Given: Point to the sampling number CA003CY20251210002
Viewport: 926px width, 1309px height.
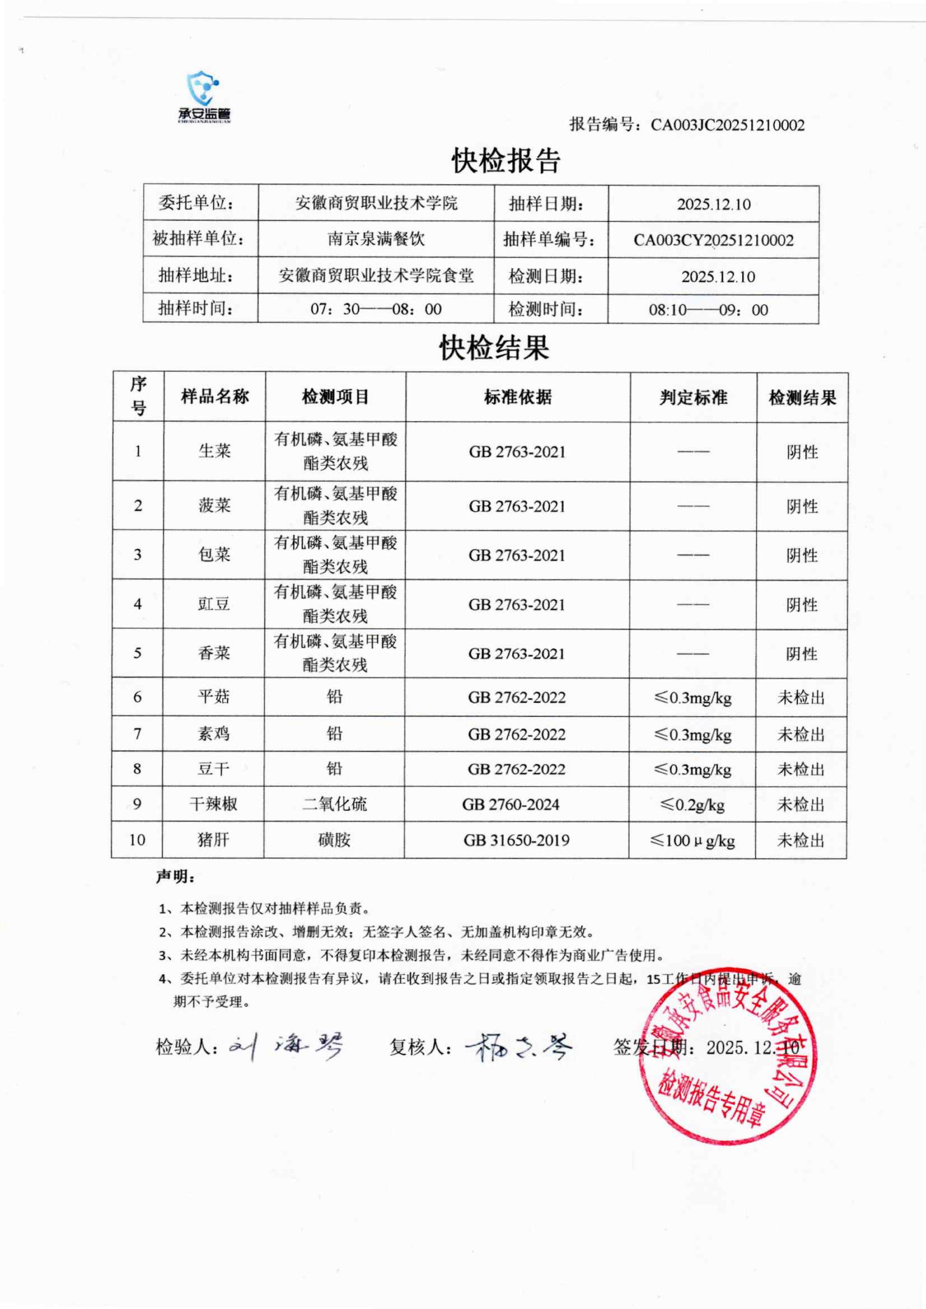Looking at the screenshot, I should point(713,240).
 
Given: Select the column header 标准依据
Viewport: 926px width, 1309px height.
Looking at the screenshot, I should point(518,397).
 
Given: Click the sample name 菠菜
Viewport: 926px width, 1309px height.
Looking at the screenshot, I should point(214,506).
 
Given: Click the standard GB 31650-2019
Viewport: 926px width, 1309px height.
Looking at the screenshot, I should point(517,840).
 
